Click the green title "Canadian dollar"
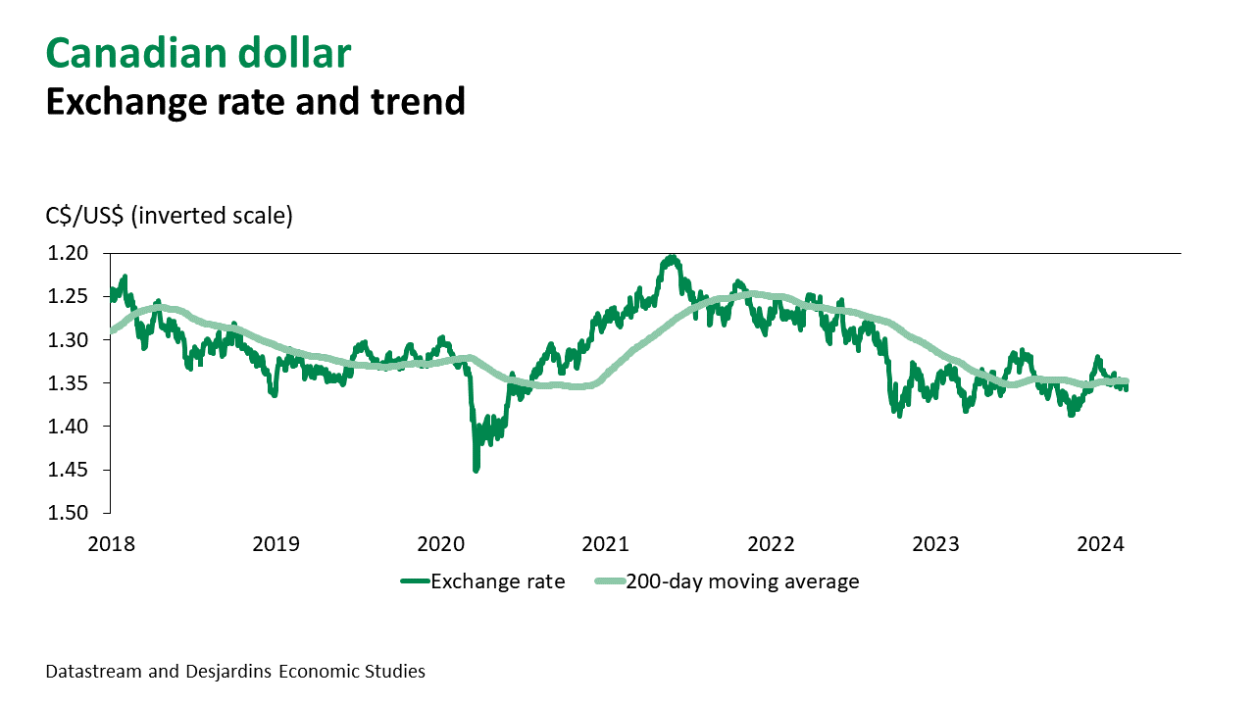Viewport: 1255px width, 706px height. [x=198, y=53]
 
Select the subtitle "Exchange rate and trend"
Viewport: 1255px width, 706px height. [x=255, y=100]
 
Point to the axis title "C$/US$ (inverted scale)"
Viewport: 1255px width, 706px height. [x=169, y=216]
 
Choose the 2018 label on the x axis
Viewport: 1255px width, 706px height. [x=111, y=542]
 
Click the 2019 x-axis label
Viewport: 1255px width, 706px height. [x=276, y=542]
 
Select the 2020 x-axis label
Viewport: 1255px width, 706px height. [x=442, y=542]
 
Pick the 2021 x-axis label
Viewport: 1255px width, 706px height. [x=608, y=542]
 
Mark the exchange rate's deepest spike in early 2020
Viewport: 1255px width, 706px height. [x=477, y=470]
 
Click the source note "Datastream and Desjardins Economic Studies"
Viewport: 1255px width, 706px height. [x=235, y=672]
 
